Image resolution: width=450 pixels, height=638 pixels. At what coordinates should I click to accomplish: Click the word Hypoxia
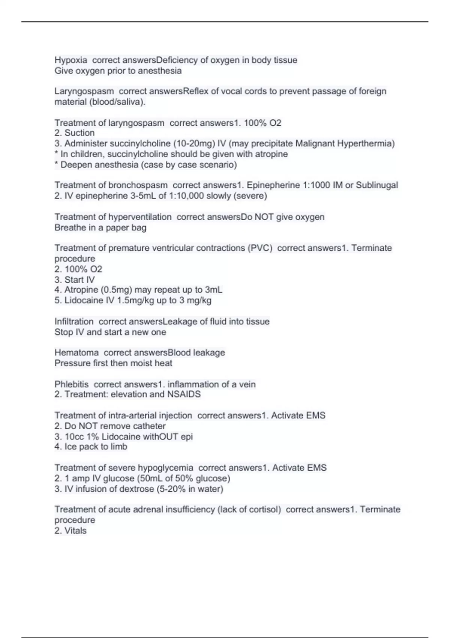coord(71,60)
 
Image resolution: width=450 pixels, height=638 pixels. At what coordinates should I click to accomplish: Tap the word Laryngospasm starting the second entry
coord(84,91)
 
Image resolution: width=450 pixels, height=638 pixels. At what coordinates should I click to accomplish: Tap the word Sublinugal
coord(377,185)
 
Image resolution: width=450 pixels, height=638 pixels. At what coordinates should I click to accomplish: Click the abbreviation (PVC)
coord(260,248)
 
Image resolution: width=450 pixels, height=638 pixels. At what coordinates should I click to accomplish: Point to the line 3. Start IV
coord(75,280)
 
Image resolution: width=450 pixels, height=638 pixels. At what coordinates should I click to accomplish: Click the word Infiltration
coord(74,322)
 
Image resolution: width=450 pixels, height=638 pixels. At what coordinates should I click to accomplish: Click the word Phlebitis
coord(72,384)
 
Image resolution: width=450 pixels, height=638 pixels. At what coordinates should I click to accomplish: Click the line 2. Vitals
coord(70,531)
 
